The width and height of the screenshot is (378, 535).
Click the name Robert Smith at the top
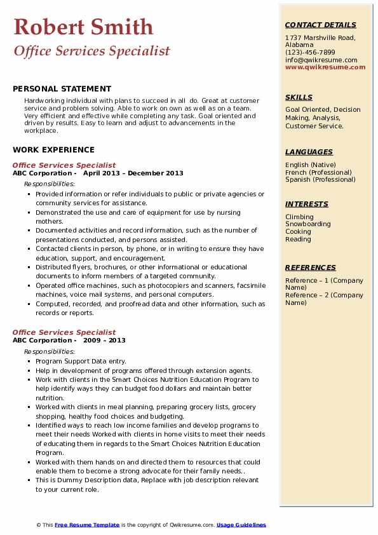[x=83, y=27]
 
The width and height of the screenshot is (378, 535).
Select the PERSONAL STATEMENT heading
[x=62, y=89]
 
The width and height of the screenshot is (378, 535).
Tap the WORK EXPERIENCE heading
[x=53, y=150]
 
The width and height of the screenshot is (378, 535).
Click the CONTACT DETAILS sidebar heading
[x=320, y=25]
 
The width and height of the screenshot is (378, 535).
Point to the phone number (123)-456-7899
[x=310, y=53]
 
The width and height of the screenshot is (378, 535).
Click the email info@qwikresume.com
[x=321, y=60]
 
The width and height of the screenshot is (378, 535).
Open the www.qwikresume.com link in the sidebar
[x=321, y=67]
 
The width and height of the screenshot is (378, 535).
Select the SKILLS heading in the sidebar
[x=299, y=98]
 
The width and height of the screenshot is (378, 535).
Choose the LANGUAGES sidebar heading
[x=309, y=152]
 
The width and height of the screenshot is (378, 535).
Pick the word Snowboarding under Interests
[x=307, y=224]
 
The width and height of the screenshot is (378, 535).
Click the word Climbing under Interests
[x=299, y=217]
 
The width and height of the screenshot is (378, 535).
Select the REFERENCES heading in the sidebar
[x=311, y=268]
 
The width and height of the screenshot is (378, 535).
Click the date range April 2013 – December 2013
[x=133, y=173]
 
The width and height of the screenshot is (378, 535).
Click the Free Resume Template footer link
[x=87, y=525]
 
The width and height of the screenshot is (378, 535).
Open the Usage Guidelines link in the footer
[x=241, y=525]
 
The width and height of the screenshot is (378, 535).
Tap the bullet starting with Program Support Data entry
[x=81, y=362]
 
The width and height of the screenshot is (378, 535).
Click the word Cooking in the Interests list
[x=298, y=232]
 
